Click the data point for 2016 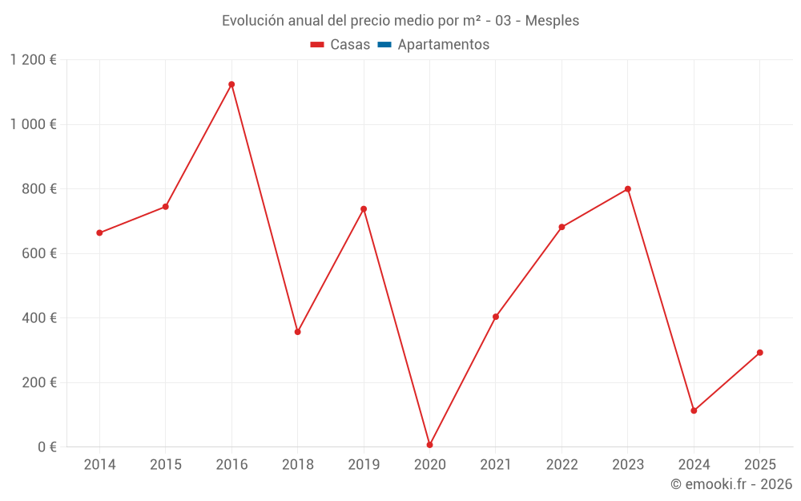pos(231,84)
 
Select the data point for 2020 pos(429,445)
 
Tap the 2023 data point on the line pos(627,189)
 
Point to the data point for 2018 pos(297,332)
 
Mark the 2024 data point pos(694,410)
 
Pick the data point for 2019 pos(364,209)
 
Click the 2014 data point pos(99,233)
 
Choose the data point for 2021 pos(496,317)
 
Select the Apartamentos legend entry pos(443,45)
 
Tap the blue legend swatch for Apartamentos pos(384,45)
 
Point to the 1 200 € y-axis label pos(34,60)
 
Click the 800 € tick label pos(40,189)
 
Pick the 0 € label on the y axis pos(47,447)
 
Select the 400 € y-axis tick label pos(40,318)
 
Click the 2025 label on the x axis pos(759,465)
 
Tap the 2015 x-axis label pos(166,465)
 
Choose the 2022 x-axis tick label pos(562,465)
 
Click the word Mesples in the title pos(552,21)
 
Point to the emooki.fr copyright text pos(731,484)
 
